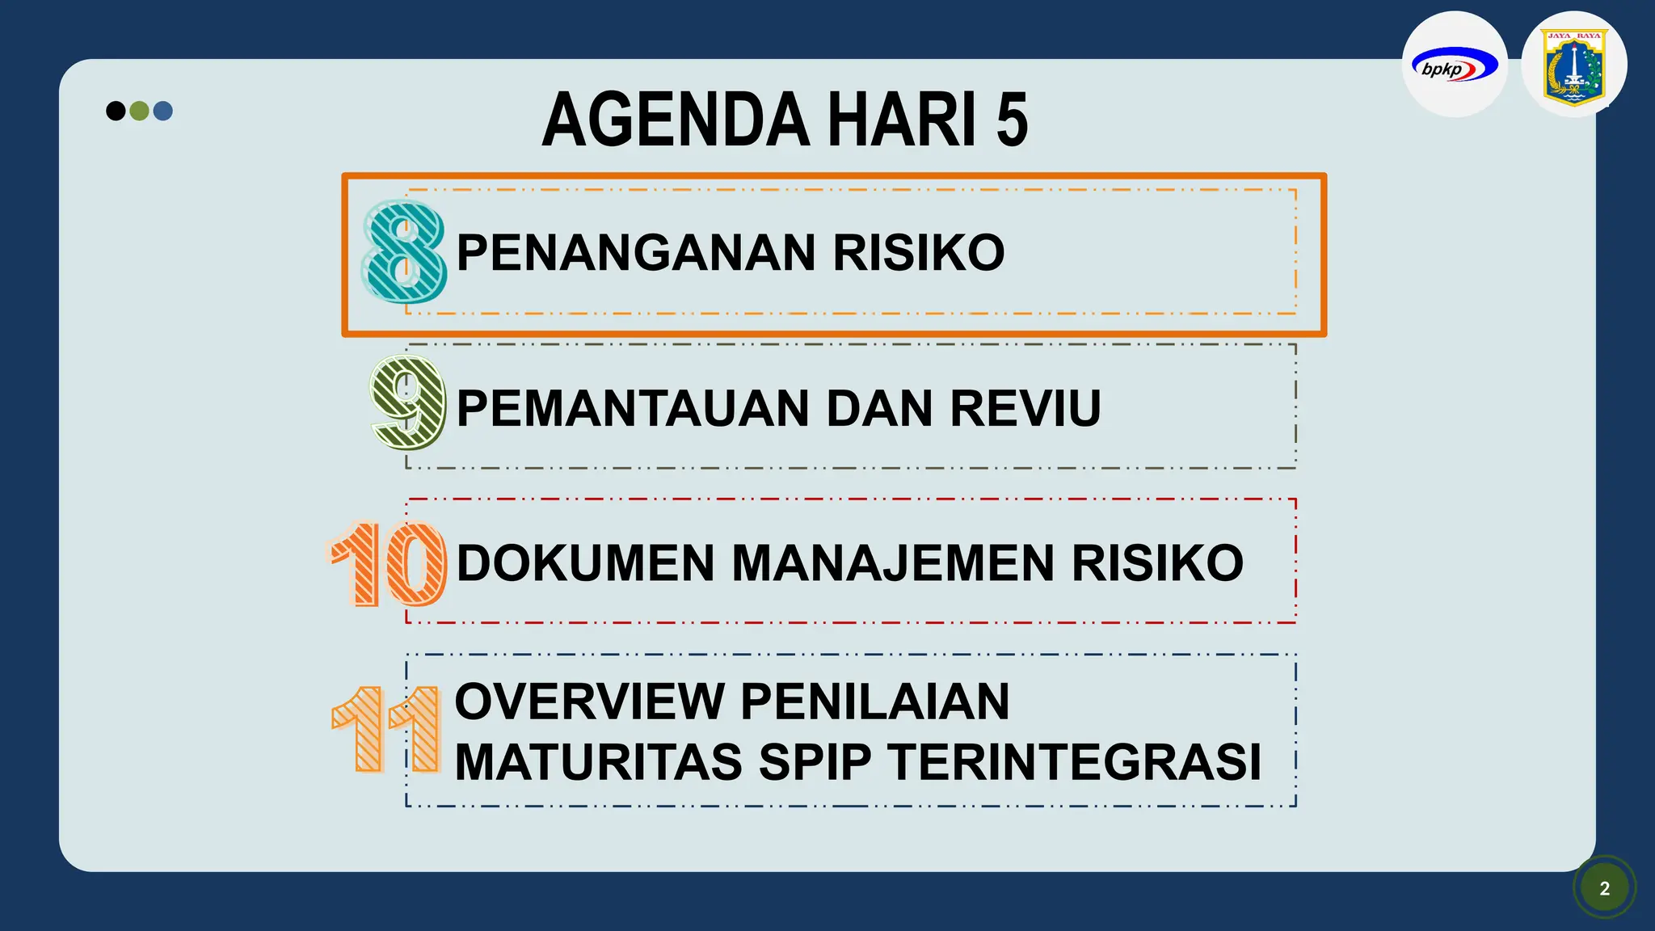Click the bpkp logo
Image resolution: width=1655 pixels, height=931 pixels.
click(x=1454, y=65)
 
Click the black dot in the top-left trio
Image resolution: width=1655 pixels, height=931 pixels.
click(x=116, y=111)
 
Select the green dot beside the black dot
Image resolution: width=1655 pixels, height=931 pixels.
click(x=139, y=111)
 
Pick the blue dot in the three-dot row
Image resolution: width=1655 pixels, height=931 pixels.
click(x=163, y=111)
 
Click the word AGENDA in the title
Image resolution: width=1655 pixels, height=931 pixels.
click(x=676, y=120)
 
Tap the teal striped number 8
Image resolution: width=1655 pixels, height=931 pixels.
click(x=404, y=252)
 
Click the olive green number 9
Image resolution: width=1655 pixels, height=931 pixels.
click(x=408, y=402)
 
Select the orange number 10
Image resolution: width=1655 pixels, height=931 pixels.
click(x=388, y=563)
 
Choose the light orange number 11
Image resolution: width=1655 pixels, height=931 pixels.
click(x=386, y=730)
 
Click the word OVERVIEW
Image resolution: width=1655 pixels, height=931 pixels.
click(x=590, y=701)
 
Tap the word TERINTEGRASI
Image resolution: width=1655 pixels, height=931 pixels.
click(x=1075, y=762)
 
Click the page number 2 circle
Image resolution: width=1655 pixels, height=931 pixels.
click(x=1605, y=888)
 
